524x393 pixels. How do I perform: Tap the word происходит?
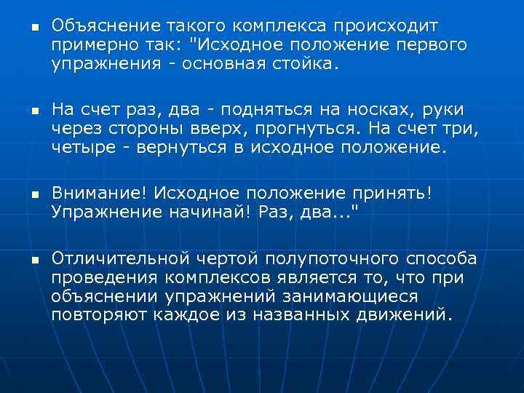[393, 28]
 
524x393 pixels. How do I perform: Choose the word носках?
[386, 110]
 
